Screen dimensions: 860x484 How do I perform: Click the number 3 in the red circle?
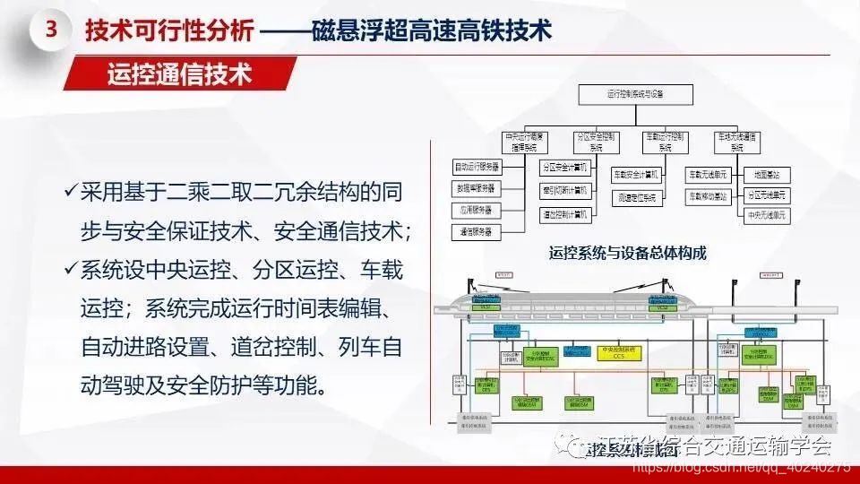coord(50,29)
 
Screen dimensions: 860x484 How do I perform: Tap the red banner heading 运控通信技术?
coord(179,73)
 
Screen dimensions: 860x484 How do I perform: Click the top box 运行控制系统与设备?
coord(635,93)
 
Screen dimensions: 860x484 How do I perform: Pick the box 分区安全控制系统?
coord(598,142)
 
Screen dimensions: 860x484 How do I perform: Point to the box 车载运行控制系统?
coord(666,142)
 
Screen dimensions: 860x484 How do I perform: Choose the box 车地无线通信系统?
coord(736,142)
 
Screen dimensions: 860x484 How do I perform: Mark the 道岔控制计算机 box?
coord(564,215)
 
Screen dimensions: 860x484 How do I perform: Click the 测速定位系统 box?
coord(636,195)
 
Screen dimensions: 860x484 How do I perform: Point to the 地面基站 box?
coord(767,173)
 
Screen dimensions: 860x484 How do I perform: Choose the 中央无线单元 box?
coord(767,215)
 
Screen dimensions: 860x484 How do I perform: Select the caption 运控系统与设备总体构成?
coord(627,253)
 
